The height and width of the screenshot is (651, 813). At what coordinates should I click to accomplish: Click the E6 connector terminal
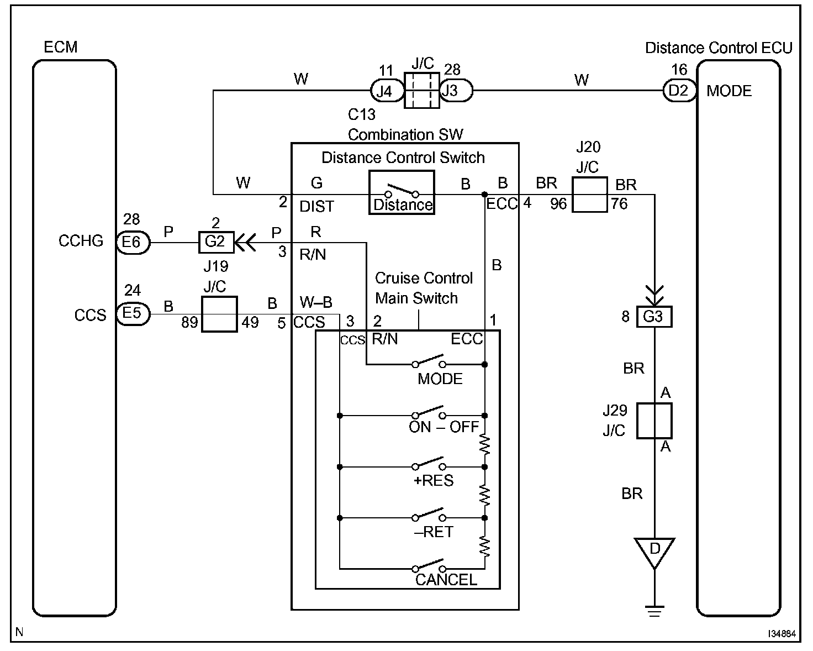133,242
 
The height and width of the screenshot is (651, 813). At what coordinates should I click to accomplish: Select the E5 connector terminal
133,314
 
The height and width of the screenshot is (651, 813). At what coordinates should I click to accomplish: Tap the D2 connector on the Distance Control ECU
679,91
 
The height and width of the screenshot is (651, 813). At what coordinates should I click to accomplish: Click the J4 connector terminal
385,91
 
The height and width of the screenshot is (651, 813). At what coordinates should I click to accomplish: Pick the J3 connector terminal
456,91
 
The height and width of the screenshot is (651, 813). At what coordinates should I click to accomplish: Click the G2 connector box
215,242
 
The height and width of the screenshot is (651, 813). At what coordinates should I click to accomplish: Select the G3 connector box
654,317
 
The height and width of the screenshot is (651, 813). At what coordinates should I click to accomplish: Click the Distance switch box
402,192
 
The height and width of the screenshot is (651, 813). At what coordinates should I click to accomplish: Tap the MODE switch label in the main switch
440,379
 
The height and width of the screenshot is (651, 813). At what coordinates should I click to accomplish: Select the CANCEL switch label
446,580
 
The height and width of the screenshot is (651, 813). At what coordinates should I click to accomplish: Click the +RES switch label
434,481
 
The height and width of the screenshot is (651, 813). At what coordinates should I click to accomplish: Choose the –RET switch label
434,532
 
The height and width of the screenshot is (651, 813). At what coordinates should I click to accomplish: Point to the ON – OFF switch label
444,427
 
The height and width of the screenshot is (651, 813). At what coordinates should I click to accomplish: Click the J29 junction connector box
654,421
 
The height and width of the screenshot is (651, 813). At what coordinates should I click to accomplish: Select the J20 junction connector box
589,195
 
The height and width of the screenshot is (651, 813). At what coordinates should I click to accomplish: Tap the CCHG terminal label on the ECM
81,242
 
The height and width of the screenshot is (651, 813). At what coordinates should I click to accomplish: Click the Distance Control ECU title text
719,48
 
